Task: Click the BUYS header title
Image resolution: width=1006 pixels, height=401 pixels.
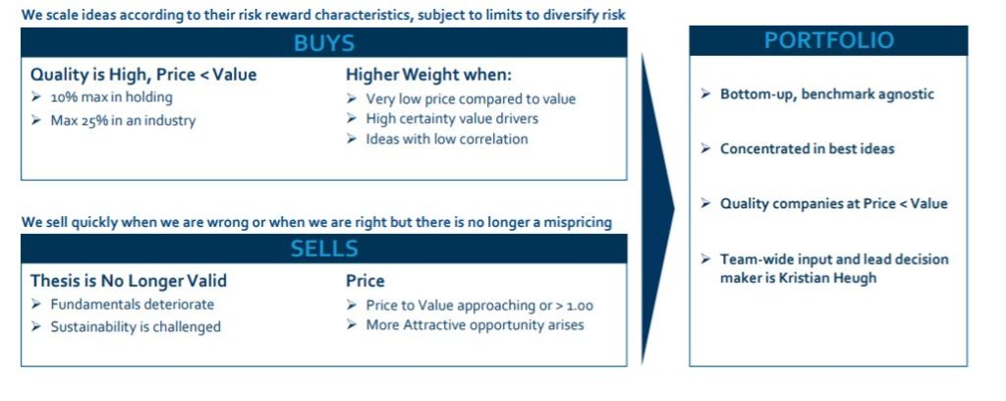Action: click(324, 43)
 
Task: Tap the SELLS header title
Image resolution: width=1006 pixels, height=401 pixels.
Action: click(324, 249)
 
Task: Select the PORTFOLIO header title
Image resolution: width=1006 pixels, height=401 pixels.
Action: click(828, 40)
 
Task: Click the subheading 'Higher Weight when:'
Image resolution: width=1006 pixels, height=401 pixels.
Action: click(428, 75)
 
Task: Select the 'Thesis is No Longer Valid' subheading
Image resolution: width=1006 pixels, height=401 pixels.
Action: click(129, 281)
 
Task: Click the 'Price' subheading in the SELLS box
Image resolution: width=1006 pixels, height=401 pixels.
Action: click(365, 281)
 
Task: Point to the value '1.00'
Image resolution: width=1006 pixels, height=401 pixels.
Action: click(580, 306)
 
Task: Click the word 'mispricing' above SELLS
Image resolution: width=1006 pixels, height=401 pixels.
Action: click(577, 223)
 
